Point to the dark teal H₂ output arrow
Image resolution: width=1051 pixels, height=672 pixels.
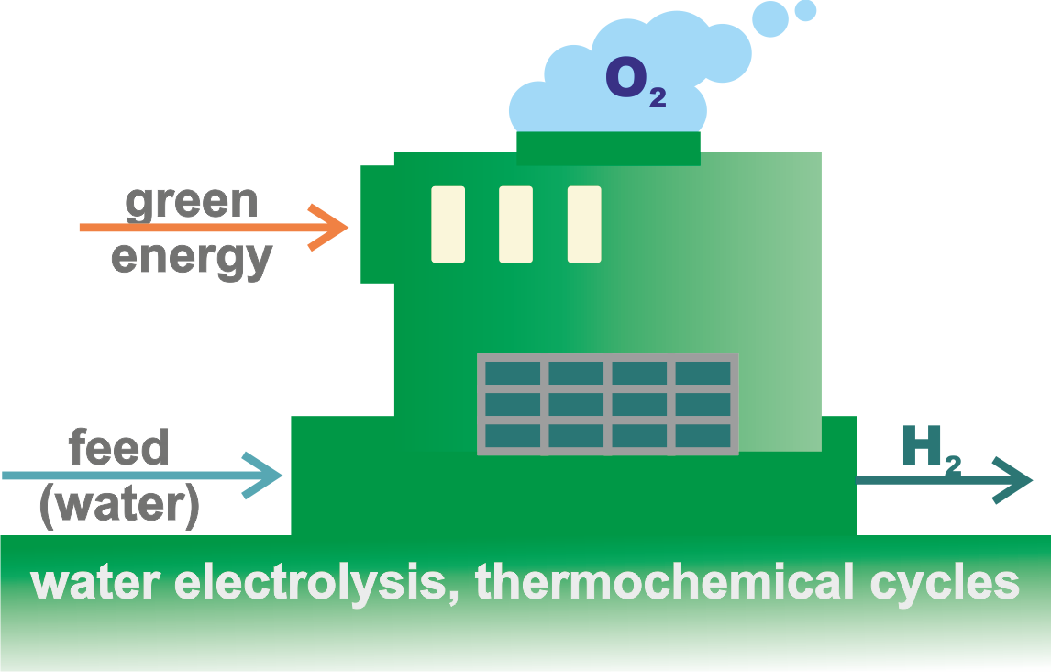pos(945,479)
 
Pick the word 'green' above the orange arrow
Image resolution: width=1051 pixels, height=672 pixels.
pos(192,202)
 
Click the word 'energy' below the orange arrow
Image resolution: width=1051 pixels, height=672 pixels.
pos(192,257)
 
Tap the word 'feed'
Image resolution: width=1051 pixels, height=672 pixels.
pos(119,448)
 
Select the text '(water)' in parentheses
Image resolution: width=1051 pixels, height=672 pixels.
pos(119,506)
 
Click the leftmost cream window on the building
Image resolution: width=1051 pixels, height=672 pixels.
pos(448,224)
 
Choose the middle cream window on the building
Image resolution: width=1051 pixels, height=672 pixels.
pos(515,224)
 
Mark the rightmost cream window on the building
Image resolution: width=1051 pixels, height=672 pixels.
pos(584,224)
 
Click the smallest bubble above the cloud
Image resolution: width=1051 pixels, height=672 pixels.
pos(805,10)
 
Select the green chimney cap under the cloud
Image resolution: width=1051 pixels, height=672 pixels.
pos(608,148)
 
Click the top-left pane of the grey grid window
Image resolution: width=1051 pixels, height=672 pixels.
pos(513,373)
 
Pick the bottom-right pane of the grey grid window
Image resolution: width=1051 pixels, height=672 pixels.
pos(703,435)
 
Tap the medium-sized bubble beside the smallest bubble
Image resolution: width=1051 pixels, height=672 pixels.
pos(770,18)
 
